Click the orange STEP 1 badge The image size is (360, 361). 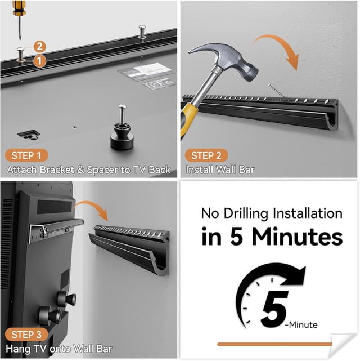(x=27, y=155)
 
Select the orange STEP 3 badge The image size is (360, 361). (x=27, y=335)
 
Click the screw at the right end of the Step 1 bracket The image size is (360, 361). (x=142, y=30)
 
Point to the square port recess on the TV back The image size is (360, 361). (x=28, y=134)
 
